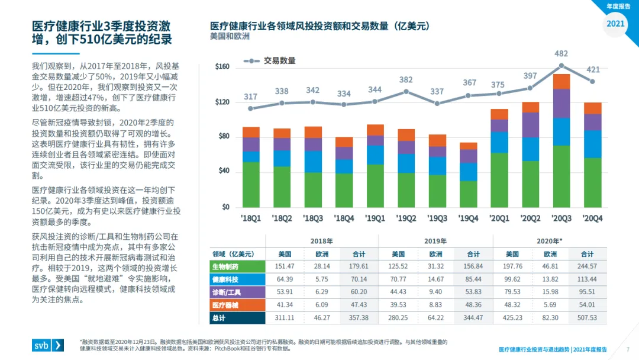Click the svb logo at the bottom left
point(48,345)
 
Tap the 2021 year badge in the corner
point(615,24)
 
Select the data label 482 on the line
point(561,54)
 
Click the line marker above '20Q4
point(592,82)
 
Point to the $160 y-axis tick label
point(222,66)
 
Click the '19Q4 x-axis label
point(469,218)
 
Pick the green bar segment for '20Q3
point(561,176)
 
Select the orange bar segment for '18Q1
point(251,132)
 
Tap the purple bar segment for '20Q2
point(531,125)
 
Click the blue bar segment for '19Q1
point(375,155)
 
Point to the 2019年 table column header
point(435,241)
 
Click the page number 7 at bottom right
point(627,349)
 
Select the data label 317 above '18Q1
point(251,97)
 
